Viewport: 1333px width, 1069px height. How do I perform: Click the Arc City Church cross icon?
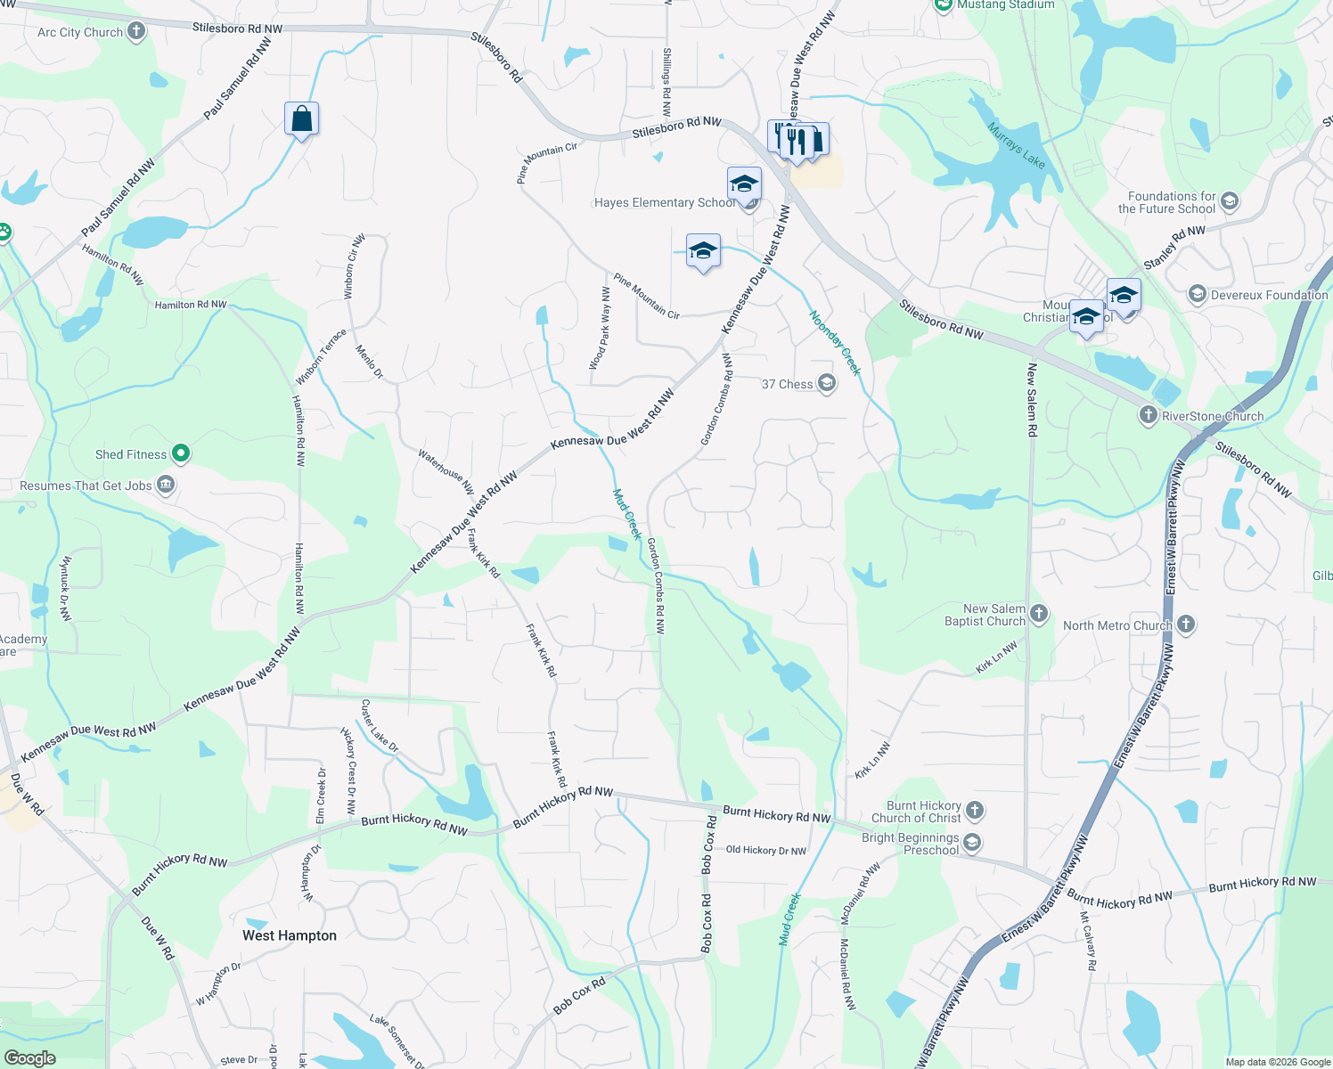coord(136,31)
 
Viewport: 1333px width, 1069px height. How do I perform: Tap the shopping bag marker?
coord(301,118)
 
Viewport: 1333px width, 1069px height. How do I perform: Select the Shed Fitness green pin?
coord(181,454)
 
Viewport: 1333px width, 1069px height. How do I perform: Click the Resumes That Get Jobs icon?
coord(165,486)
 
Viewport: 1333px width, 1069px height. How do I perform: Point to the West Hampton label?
coord(290,935)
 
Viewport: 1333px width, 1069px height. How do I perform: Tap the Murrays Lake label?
coord(1016,144)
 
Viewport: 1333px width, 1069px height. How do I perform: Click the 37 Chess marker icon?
coord(827,384)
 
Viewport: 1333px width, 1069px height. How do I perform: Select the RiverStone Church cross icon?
coord(1149,415)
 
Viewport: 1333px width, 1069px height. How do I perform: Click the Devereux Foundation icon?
coord(1198,294)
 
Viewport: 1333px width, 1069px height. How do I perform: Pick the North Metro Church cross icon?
coord(1186,624)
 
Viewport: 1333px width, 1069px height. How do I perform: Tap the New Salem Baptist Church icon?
coord(1039,614)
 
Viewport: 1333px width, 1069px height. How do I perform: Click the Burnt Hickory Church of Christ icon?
coord(975,811)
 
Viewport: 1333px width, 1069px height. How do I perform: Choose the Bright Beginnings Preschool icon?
coord(972,843)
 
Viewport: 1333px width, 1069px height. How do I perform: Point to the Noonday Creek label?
coord(835,342)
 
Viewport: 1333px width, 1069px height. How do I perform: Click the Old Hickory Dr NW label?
coord(765,850)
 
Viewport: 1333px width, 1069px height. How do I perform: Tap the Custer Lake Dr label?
coord(379,726)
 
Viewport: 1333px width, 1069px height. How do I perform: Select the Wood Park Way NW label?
coord(600,329)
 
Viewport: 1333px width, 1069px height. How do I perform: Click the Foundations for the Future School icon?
coord(1230,201)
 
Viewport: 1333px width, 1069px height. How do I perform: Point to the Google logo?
coord(30,1057)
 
